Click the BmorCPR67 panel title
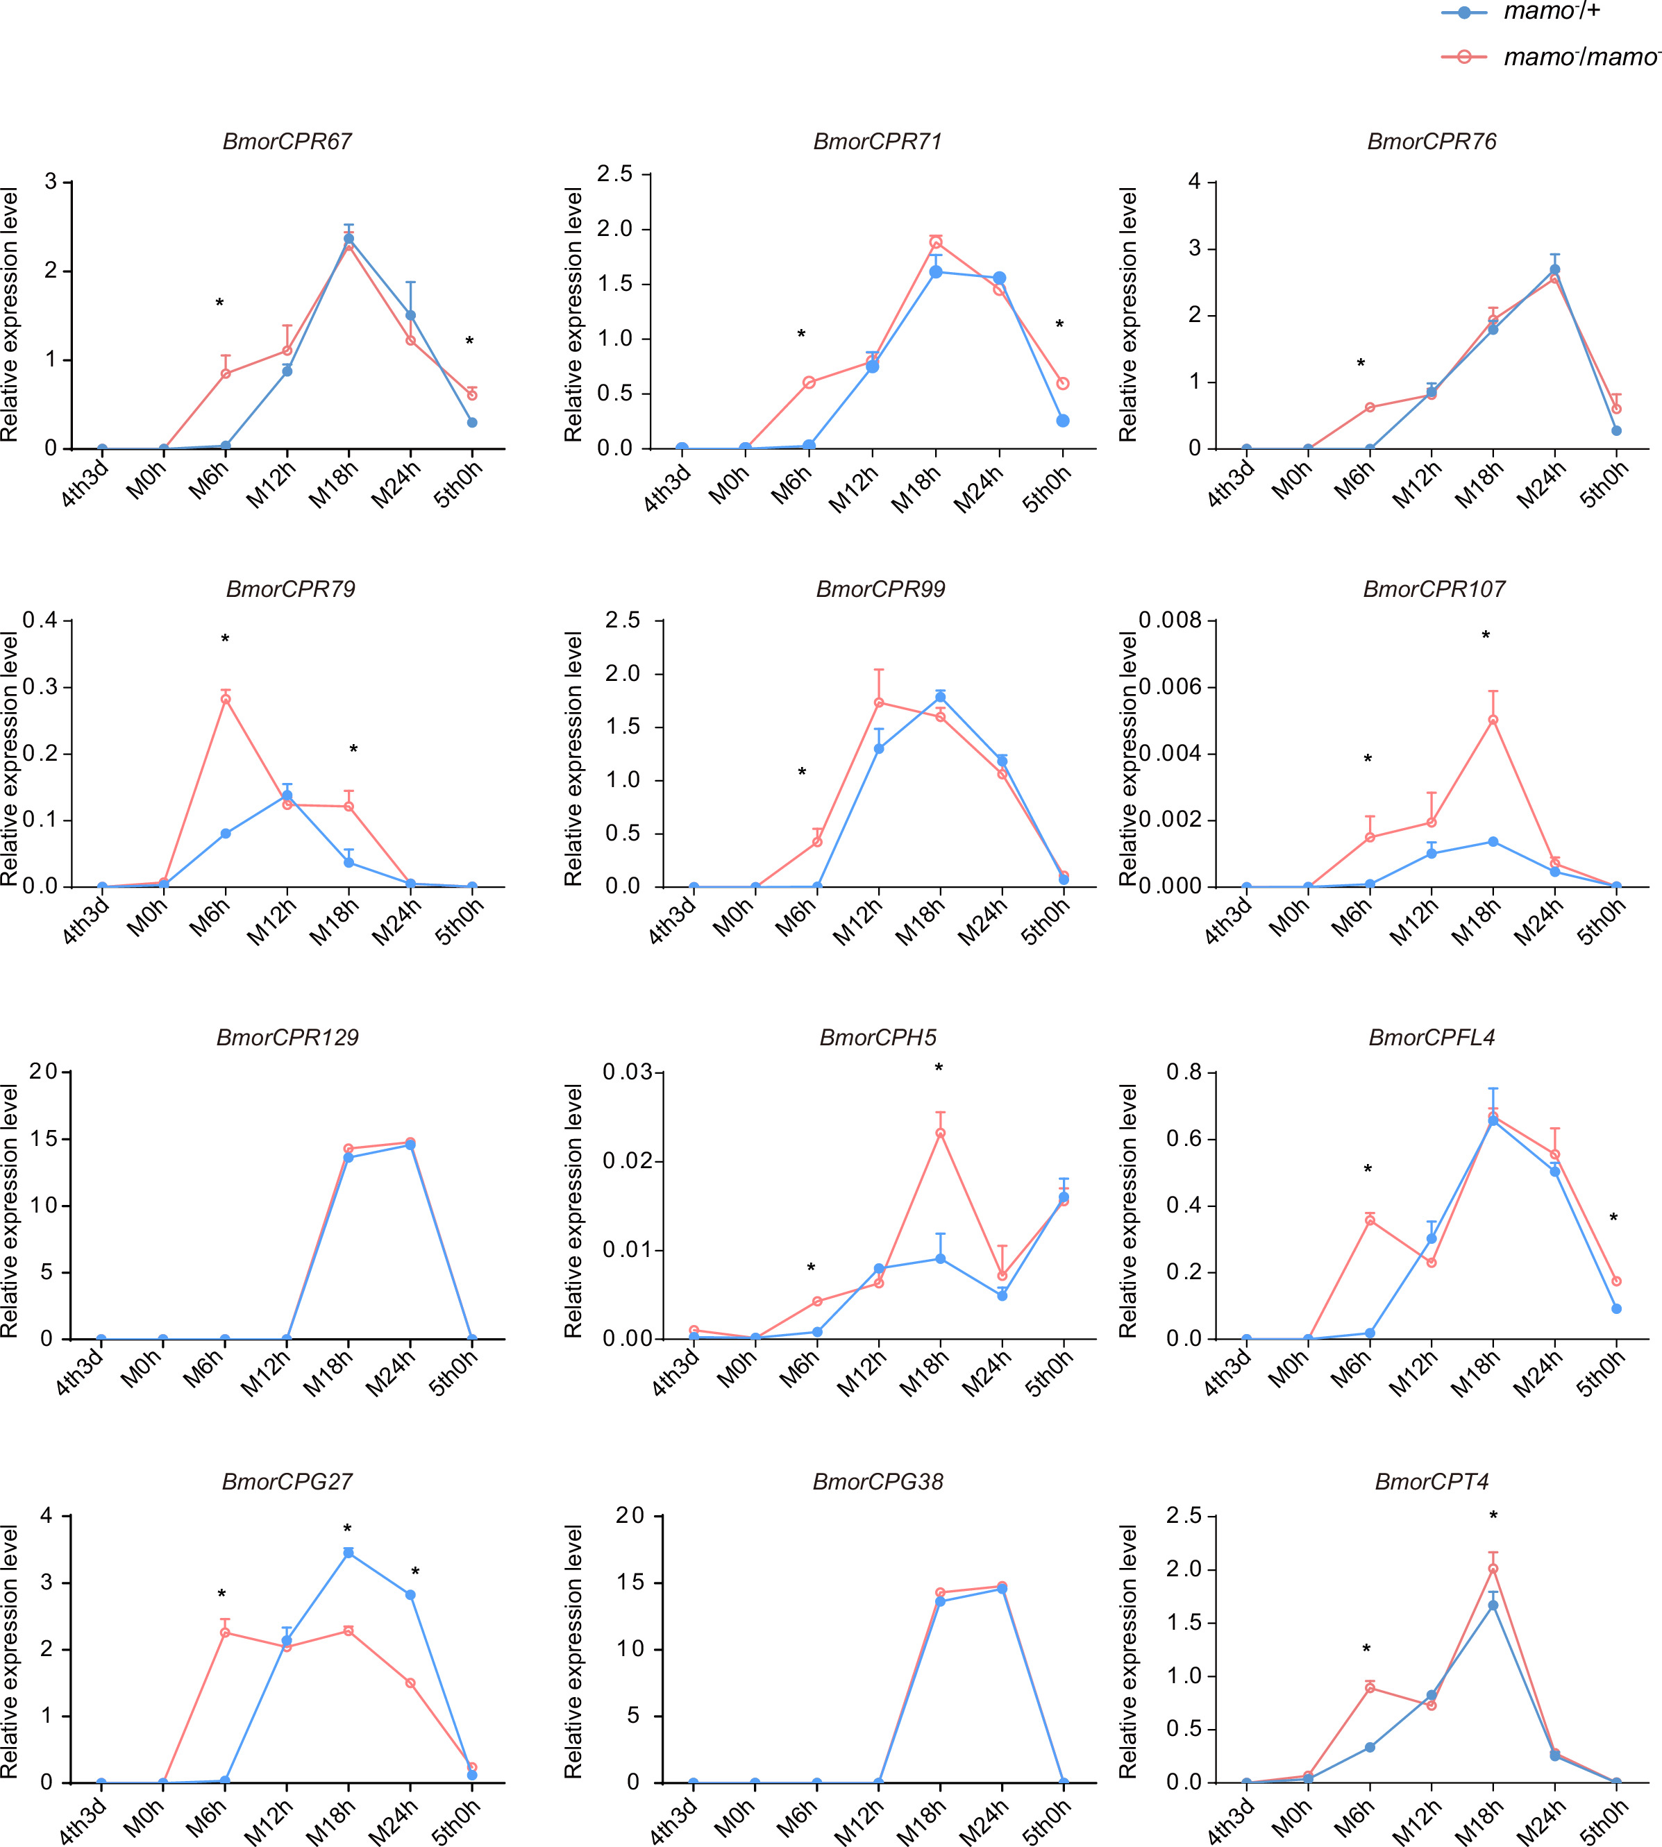pyautogui.click(x=287, y=142)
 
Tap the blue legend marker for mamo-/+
pyautogui.click(x=1465, y=12)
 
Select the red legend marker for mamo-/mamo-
pyautogui.click(x=1465, y=57)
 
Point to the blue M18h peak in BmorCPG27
pyautogui.click(x=349, y=1552)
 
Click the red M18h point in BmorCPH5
pyautogui.click(x=940, y=1133)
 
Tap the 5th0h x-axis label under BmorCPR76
pyautogui.click(x=1604, y=484)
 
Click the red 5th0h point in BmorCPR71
pyautogui.click(x=1063, y=383)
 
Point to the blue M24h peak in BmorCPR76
pyautogui.click(x=1554, y=270)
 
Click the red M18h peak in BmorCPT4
pyautogui.click(x=1493, y=1569)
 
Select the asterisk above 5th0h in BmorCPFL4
pyautogui.click(x=1613, y=1219)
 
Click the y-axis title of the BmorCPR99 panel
pyautogui.click(x=573, y=759)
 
